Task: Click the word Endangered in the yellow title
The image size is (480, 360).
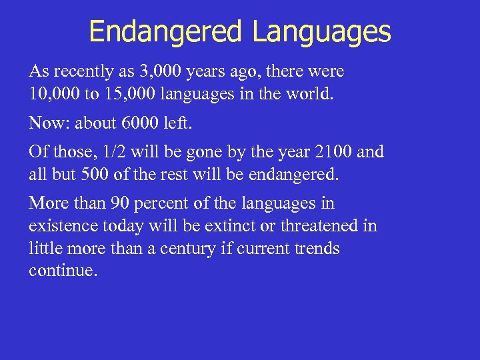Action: tap(165, 31)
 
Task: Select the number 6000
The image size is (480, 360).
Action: tap(136, 123)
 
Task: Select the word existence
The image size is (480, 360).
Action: tap(61, 227)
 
